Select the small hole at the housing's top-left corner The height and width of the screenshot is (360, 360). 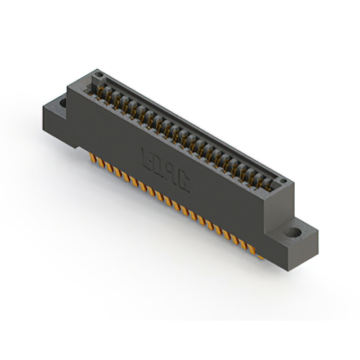click(98, 74)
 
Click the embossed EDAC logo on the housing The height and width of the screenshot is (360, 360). click(166, 170)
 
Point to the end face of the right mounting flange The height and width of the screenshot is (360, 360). click(310, 247)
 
